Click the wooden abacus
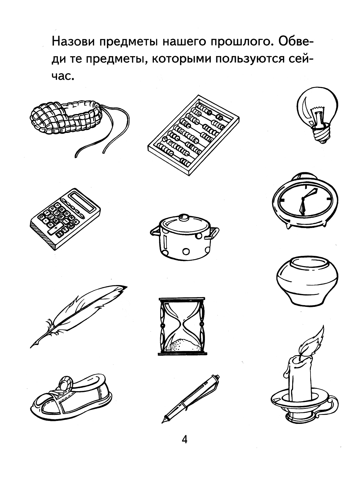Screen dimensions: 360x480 click(193, 135)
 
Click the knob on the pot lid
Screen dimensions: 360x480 click(184, 218)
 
